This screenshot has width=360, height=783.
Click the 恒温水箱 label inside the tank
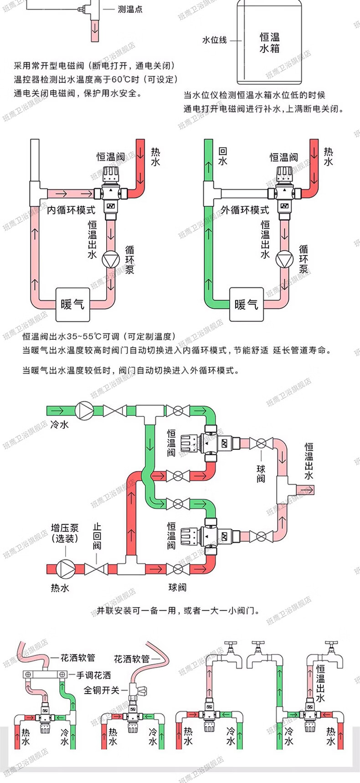tap(269, 42)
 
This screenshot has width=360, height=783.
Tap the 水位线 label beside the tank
tap(214, 40)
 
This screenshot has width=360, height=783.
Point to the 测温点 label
tap(130, 9)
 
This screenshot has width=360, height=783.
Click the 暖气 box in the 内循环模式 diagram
tap(72, 304)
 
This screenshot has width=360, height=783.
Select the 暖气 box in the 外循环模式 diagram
tap(246, 304)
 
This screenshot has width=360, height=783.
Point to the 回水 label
tap(222, 156)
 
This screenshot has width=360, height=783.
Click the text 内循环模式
tap(72, 210)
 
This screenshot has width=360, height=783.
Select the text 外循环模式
tap(245, 210)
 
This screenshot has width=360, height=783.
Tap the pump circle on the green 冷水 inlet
tap(84, 410)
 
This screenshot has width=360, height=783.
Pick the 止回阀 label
tap(97, 537)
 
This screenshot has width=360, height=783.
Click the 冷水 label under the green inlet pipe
tap(59, 424)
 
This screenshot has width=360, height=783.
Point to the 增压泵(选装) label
tap(65, 533)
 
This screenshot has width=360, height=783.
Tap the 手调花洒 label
tap(93, 676)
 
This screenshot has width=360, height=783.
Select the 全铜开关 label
tap(101, 690)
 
